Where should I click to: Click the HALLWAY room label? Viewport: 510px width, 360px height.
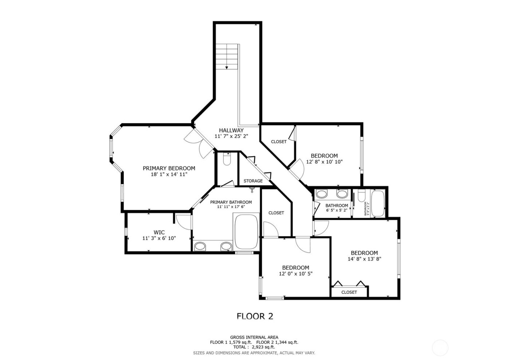point(231,130)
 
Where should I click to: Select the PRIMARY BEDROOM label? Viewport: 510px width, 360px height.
point(169,168)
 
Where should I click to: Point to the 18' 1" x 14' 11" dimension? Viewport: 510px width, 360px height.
point(169,174)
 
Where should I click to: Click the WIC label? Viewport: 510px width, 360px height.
point(159,232)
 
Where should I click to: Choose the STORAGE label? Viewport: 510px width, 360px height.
point(253,181)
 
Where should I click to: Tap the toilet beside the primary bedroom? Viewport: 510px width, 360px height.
point(227,160)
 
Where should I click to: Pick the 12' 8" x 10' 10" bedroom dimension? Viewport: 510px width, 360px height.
point(324,162)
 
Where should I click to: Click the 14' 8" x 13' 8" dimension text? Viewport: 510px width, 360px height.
point(364,259)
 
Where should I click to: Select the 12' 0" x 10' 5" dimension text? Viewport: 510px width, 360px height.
point(295,274)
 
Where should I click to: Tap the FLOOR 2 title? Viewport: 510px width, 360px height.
point(255,316)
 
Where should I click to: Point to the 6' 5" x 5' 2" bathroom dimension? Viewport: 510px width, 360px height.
point(337,210)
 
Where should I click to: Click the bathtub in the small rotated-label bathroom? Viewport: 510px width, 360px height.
point(377,203)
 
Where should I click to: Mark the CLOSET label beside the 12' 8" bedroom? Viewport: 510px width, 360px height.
point(279,142)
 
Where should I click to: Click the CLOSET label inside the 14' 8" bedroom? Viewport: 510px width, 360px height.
point(349,292)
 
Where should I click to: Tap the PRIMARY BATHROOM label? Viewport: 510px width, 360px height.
point(231,202)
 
